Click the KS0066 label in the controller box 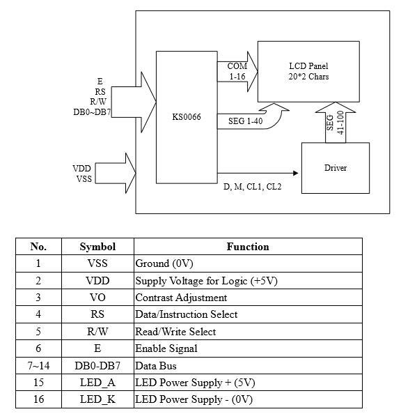[187, 117]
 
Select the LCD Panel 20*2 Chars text [309, 71]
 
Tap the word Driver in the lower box [336, 168]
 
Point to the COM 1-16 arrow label [237, 71]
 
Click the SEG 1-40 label [245, 121]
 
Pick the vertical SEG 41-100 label [336, 123]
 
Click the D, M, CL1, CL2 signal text [252, 187]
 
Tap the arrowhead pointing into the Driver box [295, 173]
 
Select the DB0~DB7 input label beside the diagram [92, 112]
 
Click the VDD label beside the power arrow [81, 169]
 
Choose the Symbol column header [97, 247]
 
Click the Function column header [248, 247]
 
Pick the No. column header [38, 247]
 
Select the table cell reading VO [97, 298]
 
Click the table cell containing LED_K [97, 399]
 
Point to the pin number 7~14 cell [38, 365]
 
